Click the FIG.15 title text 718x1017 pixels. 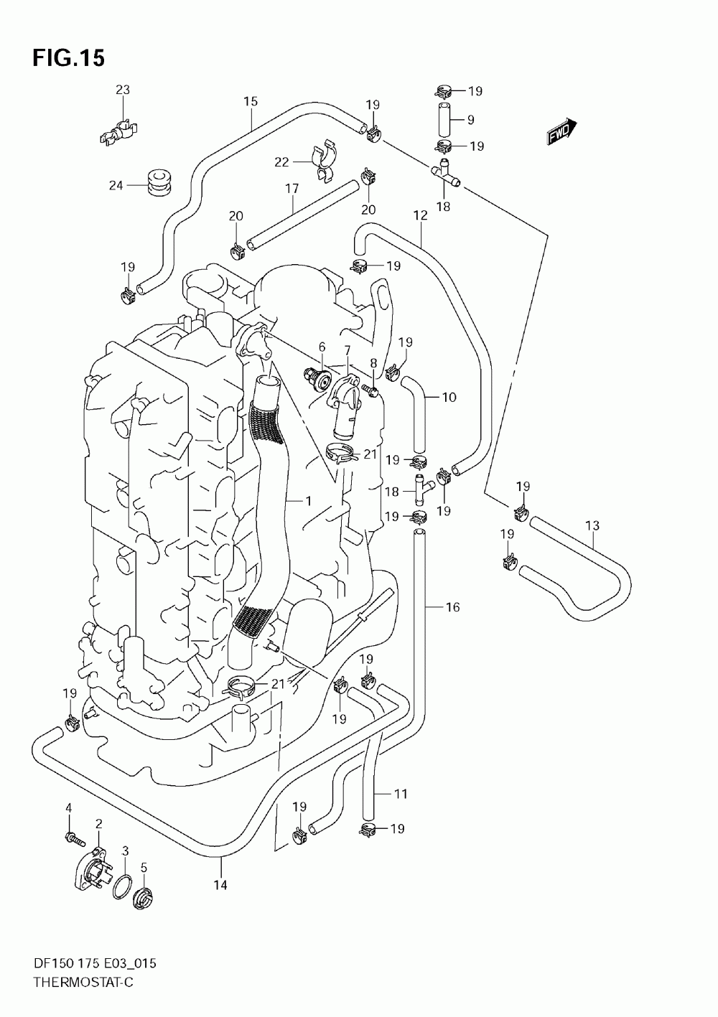tap(69, 58)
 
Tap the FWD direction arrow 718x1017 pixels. tap(561, 131)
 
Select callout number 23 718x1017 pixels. tap(123, 90)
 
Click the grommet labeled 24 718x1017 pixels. tap(159, 182)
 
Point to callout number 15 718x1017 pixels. tap(251, 101)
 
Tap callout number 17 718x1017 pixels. tap(292, 188)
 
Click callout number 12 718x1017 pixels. tap(421, 215)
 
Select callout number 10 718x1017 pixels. tap(449, 398)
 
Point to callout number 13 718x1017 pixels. tap(592, 525)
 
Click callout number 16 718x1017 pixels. tap(452, 606)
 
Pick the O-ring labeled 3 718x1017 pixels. tap(123, 886)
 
